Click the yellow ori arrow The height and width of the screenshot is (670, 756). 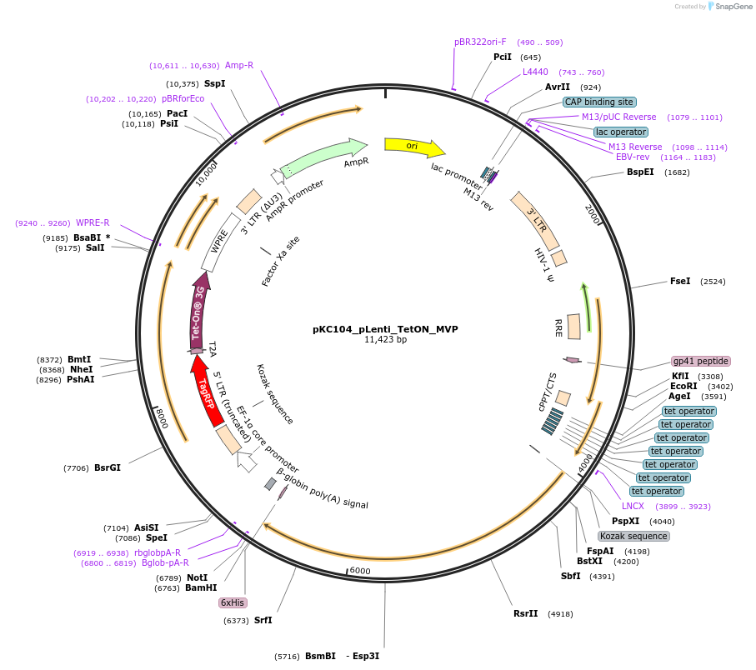(x=413, y=147)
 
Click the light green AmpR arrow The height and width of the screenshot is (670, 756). (x=325, y=155)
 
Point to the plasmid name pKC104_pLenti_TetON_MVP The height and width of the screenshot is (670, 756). (x=385, y=329)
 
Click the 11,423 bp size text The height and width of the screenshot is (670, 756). (x=385, y=340)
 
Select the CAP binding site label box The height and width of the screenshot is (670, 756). (x=598, y=102)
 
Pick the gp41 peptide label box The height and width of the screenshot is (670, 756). (x=700, y=362)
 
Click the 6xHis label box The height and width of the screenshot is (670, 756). (x=233, y=602)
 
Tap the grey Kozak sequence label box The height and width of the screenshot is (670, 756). (x=633, y=536)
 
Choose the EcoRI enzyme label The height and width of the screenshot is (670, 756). (x=683, y=386)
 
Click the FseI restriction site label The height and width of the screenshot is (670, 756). (x=680, y=282)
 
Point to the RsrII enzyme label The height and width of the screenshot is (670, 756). (x=525, y=614)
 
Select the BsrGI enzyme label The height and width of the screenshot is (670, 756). (x=108, y=468)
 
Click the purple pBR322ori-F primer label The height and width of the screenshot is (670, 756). (x=480, y=42)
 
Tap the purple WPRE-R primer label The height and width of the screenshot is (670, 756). (x=93, y=223)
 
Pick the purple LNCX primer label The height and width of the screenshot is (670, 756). (x=633, y=506)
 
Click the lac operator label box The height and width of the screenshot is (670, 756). (x=620, y=132)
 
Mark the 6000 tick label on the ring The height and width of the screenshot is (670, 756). (x=359, y=571)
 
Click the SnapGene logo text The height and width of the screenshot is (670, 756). (x=731, y=7)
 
